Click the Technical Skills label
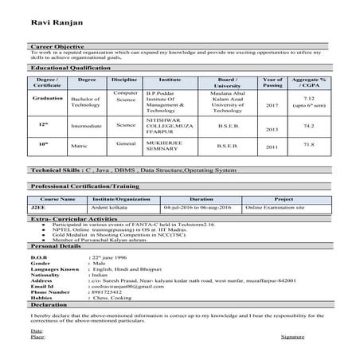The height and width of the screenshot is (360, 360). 59,170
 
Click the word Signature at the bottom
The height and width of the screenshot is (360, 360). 292,338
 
